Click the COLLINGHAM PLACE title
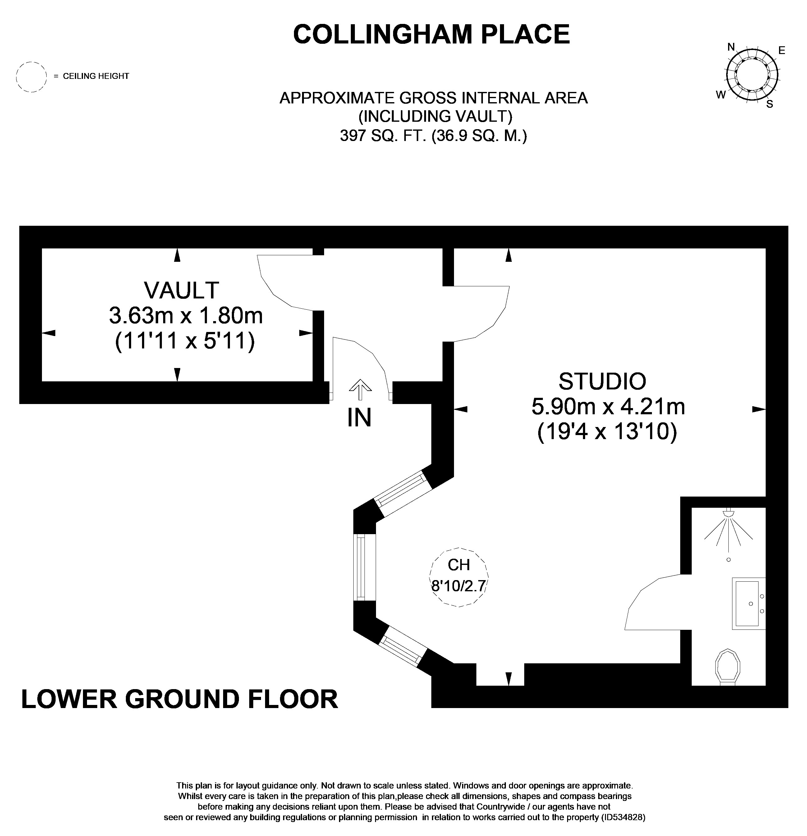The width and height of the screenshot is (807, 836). pos(431,34)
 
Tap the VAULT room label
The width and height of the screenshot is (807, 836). pos(182,290)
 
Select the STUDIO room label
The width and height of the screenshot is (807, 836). pos(602,381)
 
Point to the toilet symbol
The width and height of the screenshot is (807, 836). pos(727,667)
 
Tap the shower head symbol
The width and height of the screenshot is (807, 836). pos(728,529)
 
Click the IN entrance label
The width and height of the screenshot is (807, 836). pos(359,418)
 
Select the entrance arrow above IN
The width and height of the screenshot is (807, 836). pos(360,389)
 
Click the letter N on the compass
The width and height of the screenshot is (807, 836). pos(731,47)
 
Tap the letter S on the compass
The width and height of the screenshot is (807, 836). pos(770,104)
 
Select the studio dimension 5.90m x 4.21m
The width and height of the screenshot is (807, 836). pos(608,407)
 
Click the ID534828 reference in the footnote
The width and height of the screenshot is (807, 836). pos(623,818)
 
